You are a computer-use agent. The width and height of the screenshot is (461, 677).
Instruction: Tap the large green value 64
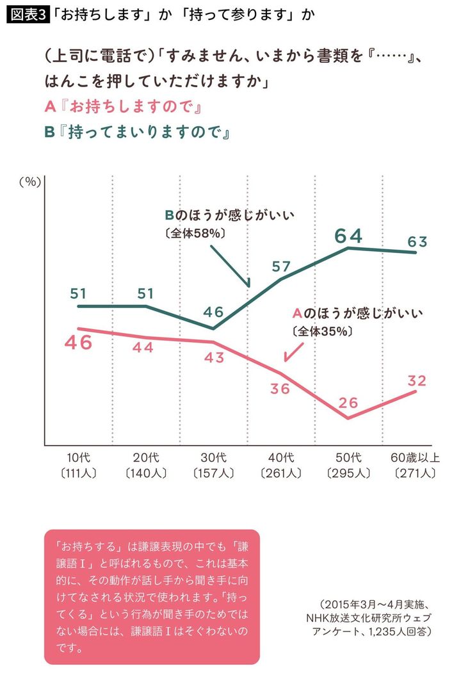pyautogui.click(x=348, y=236)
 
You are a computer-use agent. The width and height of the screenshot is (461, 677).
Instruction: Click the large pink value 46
pyautogui.click(x=79, y=342)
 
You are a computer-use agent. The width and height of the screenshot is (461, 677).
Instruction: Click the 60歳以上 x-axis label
pyautogui.click(x=415, y=458)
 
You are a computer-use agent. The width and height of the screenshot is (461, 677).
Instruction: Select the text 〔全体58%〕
pyautogui.click(x=194, y=234)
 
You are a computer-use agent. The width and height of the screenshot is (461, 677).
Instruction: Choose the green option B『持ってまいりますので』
pyautogui.click(x=137, y=132)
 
